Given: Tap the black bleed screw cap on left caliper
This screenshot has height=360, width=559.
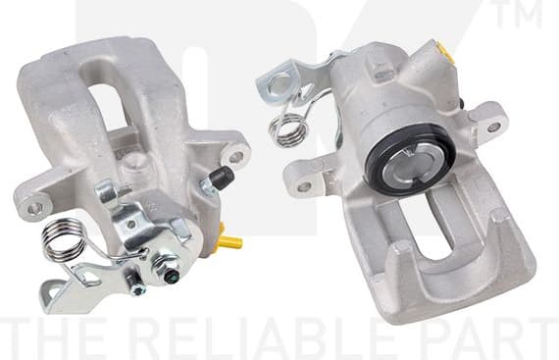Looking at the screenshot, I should [221, 179].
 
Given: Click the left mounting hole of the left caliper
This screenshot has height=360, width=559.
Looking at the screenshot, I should [35, 206].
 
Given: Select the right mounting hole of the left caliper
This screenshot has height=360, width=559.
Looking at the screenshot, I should [236, 156].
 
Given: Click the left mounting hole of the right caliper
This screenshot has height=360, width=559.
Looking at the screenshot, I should [304, 184].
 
